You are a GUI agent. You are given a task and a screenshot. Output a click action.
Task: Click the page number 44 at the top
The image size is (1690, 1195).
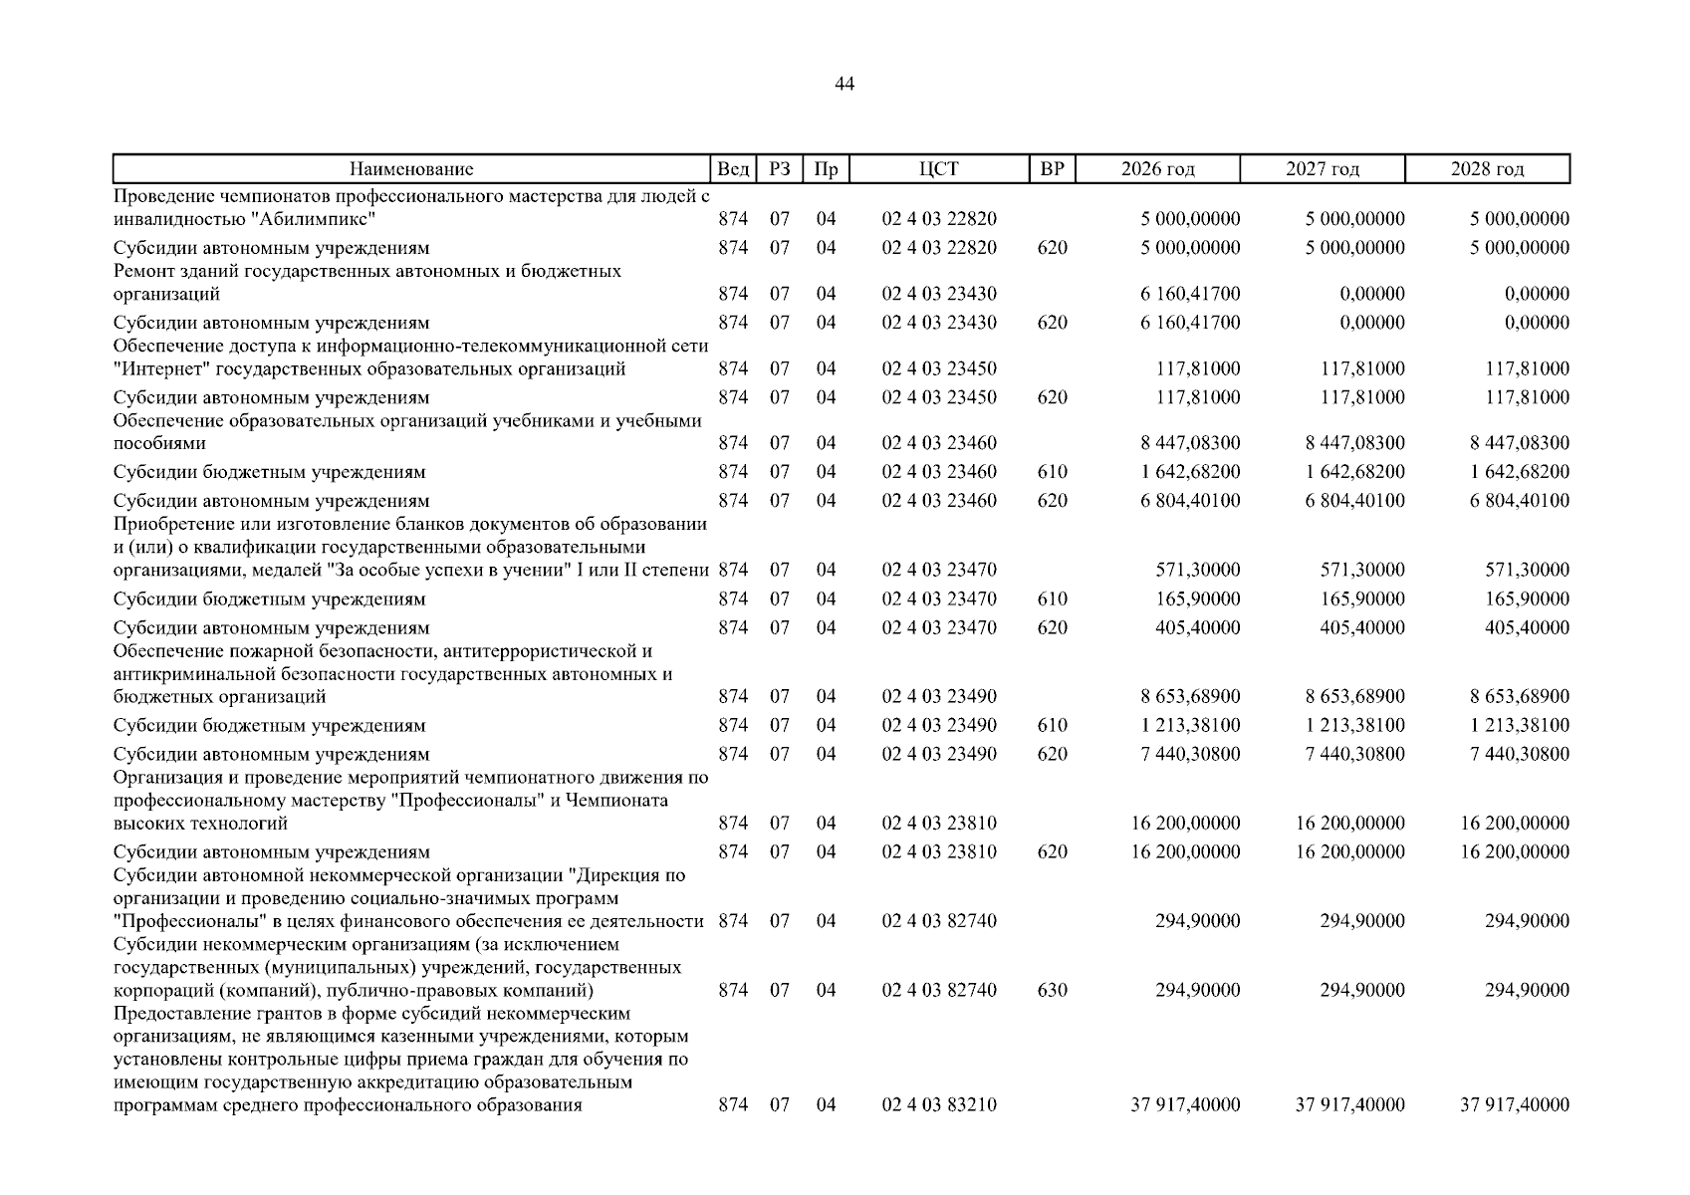[844, 85]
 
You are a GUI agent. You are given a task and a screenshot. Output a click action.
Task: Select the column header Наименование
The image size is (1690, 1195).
[411, 169]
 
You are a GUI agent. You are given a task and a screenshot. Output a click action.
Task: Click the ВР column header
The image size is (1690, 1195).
[1052, 169]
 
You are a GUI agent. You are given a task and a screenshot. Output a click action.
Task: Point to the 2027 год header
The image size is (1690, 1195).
[1322, 169]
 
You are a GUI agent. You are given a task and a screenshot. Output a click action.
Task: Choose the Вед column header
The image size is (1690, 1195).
[733, 169]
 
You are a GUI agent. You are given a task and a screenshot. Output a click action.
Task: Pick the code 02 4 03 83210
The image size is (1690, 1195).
[938, 1104]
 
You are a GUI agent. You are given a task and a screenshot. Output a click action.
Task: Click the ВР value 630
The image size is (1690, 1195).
[1052, 990]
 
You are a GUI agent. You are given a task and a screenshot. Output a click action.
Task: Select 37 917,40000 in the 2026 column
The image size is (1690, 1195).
[1185, 1104]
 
